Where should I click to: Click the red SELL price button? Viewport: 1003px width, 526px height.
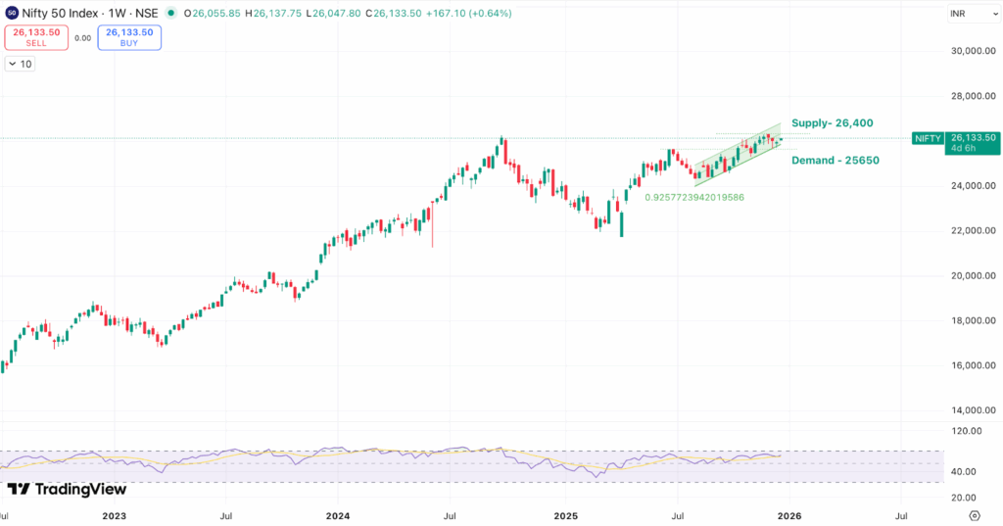click(x=36, y=37)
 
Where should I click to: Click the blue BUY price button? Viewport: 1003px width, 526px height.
click(x=129, y=37)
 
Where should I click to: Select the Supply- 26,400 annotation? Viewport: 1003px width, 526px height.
click(x=832, y=122)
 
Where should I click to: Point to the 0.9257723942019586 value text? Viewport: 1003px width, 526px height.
click(x=694, y=197)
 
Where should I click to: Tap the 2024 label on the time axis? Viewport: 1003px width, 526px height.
click(x=338, y=514)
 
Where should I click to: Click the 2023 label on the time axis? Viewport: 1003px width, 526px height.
click(x=114, y=514)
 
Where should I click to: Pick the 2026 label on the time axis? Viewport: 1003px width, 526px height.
click(x=788, y=514)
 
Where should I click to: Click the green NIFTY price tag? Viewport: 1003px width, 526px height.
click(x=927, y=138)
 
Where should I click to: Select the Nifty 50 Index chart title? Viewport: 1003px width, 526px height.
click(x=63, y=13)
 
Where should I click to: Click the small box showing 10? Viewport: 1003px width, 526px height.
click(x=20, y=64)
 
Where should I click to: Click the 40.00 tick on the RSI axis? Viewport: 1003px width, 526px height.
click(x=965, y=471)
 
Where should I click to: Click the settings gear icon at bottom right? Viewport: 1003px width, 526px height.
click(x=974, y=514)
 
